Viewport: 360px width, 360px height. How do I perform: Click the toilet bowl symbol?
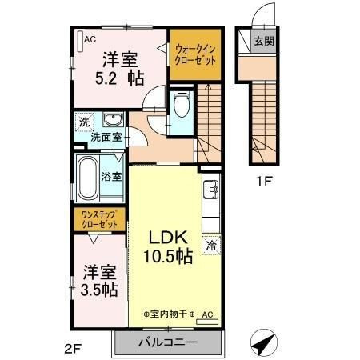tap(182, 104)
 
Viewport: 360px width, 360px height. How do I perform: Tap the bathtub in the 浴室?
tap(88, 178)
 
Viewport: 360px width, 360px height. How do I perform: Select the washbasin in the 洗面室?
tap(113, 119)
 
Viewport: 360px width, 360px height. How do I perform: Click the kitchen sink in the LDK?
tap(210, 190)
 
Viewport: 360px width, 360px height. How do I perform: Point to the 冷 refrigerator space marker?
tap(211, 246)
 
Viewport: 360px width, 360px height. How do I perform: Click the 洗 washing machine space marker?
tap(84, 122)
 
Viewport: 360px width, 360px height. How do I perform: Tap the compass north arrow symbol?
tap(264, 342)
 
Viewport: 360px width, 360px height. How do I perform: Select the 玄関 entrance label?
tap(264, 41)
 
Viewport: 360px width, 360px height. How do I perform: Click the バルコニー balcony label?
tap(168, 342)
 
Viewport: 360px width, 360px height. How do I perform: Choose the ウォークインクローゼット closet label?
tap(194, 55)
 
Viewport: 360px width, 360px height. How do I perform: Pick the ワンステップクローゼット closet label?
tap(99, 219)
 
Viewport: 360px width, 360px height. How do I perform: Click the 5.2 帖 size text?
tap(120, 78)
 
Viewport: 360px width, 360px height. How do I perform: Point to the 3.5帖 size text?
tap(99, 290)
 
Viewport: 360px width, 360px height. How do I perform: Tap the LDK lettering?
tap(168, 238)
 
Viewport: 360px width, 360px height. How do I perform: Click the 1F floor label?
tap(264, 182)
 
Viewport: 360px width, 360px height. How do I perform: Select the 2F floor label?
tap(73, 349)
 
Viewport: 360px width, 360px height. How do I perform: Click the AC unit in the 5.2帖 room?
tap(80, 42)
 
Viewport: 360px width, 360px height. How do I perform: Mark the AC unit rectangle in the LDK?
tap(207, 322)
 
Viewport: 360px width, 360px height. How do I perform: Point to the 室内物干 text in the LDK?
tap(168, 314)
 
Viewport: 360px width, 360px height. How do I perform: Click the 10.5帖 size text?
tap(168, 256)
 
